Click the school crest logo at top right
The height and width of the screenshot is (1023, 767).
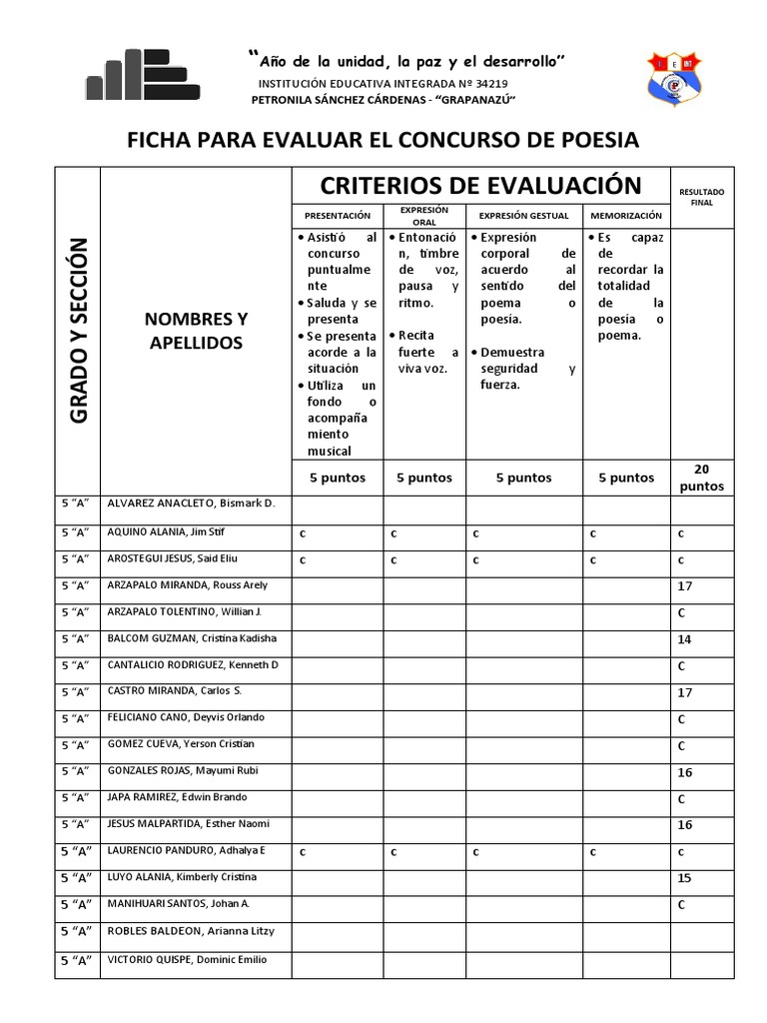(676, 77)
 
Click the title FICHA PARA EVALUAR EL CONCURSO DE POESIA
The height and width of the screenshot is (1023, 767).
(383, 139)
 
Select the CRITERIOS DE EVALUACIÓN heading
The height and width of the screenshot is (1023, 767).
(479, 185)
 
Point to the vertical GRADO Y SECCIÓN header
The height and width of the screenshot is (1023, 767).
(80, 330)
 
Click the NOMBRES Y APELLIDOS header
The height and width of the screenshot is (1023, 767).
(196, 331)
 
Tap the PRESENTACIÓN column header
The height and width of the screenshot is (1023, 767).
(337, 215)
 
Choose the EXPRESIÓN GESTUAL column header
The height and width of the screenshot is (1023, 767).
(523, 215)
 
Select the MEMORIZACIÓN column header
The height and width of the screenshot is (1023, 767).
(626, 215)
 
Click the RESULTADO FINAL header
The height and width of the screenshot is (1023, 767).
(702, 196)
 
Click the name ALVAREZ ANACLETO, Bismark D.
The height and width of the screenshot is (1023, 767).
(191, 504)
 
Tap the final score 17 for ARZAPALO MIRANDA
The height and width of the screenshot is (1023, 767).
(684, 586)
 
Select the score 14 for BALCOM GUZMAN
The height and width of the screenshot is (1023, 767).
(684, 639)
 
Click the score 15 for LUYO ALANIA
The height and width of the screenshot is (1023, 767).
(684, 878)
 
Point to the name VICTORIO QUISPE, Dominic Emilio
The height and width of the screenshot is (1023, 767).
(187, 960)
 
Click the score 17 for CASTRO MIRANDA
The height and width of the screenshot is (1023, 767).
(684, 692)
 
